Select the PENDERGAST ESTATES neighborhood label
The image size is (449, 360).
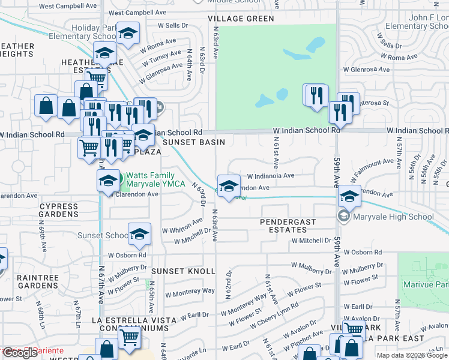[288, 226]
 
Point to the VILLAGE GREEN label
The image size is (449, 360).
[241, 19]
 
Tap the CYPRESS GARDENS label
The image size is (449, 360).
[59, 210]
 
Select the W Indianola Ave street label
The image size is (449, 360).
[271, 176]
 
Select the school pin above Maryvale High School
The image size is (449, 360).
[349, 197]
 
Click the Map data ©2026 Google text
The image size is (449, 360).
[412, 355]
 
